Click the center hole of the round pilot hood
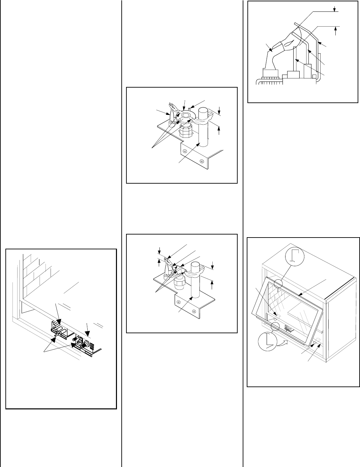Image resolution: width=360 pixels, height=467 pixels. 185,116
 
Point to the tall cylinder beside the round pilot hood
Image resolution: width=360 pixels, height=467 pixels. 203,128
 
